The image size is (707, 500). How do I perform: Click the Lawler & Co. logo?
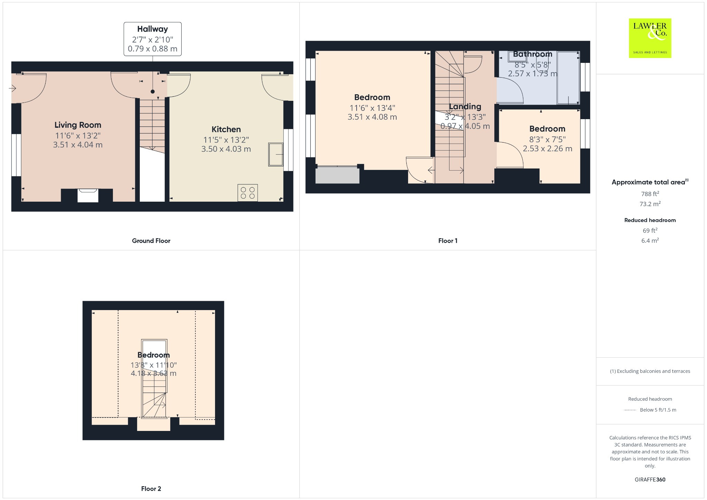click(650, 38)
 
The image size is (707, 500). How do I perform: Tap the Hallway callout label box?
click(153, 39)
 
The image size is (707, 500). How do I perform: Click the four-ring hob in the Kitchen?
click(248, 193)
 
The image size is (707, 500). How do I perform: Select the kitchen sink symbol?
click(275, 154)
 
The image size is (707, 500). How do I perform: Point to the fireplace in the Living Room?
click(88, 195)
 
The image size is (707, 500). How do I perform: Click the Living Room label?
click(78, 125)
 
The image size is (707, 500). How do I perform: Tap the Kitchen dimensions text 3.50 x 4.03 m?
click(226, 149)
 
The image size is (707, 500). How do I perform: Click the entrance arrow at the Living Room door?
click(12, 89)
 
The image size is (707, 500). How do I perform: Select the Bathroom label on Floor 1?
click(532, 54)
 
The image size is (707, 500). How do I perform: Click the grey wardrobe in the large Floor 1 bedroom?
click(337, 175)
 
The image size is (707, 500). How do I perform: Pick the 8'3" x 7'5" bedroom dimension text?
click(547, 140)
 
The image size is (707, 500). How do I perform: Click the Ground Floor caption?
click(151, 241)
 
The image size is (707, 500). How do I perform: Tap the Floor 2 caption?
click(151, 489)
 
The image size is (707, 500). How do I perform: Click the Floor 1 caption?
click(448, 241)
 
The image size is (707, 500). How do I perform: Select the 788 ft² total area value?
click(650, 194)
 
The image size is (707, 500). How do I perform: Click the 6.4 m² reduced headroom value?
click(650, 241)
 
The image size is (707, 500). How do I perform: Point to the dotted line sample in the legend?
click(630, 410)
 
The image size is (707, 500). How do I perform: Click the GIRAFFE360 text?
click(650, 480)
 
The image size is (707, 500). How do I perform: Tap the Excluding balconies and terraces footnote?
click(650, 371)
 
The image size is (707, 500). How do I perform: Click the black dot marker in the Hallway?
click(153, 92)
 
